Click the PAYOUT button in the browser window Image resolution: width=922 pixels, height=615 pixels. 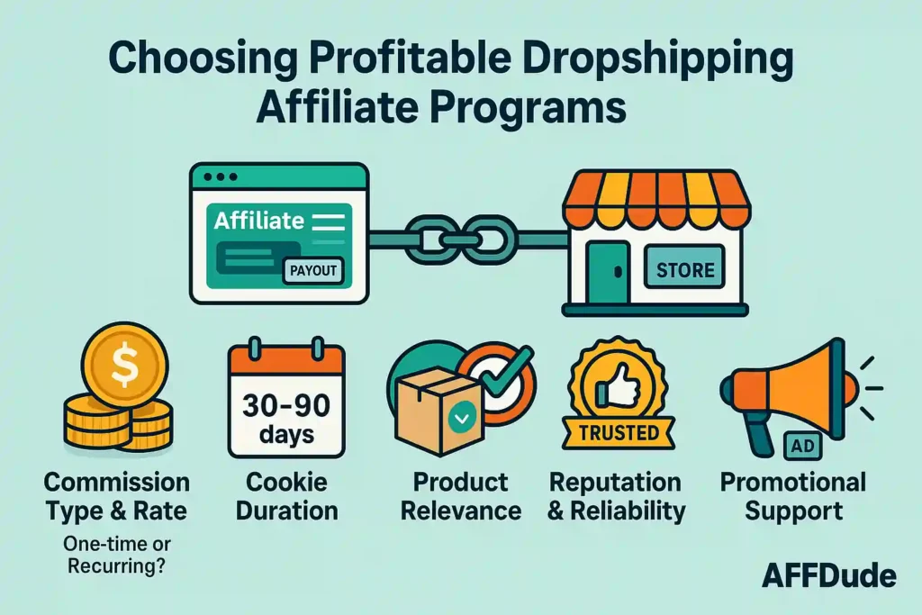(x=312, y=269)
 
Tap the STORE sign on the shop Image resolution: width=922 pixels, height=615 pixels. (x=685, y=268)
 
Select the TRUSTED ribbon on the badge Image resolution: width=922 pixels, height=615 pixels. (x=619, y=433)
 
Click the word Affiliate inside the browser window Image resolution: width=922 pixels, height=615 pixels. (x=259, y=219)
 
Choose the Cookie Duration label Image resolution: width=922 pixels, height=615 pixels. (x=286, y=496)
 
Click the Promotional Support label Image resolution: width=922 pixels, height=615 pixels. (x=792, y=496)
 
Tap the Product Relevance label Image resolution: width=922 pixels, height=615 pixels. (x=460, y=496)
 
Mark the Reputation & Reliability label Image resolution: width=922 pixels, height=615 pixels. (x=617, y=496)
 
